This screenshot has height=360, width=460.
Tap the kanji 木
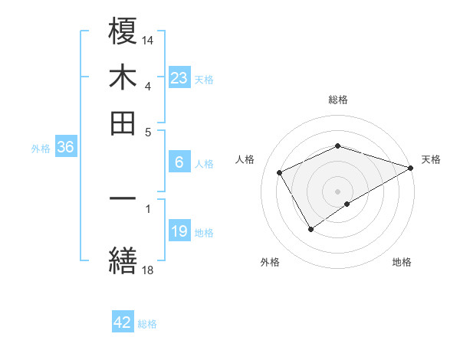(123, 77)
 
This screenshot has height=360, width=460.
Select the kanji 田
(123, 123)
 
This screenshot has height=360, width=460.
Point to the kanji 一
(123, 199)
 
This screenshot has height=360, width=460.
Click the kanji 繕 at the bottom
(123, 260)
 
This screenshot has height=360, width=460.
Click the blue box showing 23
(179, 78)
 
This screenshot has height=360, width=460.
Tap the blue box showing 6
(179, 162)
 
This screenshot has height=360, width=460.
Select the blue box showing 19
(179, 231)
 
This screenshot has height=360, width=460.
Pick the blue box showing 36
(65, 148)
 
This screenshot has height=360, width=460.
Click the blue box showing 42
(123, 322)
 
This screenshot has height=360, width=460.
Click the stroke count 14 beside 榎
(148, 39)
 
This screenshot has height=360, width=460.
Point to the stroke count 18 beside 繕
(148, 269)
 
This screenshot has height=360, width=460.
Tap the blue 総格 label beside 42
(147, 324)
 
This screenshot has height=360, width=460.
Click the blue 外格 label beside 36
(41, 149)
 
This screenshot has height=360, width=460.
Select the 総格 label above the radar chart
(338, 100)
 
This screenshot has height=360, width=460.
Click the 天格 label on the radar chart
(431, 159)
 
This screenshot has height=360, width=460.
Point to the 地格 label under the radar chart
(402, 262)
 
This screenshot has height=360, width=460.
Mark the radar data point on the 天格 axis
(411, 167)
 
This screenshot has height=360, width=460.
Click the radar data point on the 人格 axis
(280, 172)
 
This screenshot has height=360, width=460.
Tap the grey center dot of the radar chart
(338, 191)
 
